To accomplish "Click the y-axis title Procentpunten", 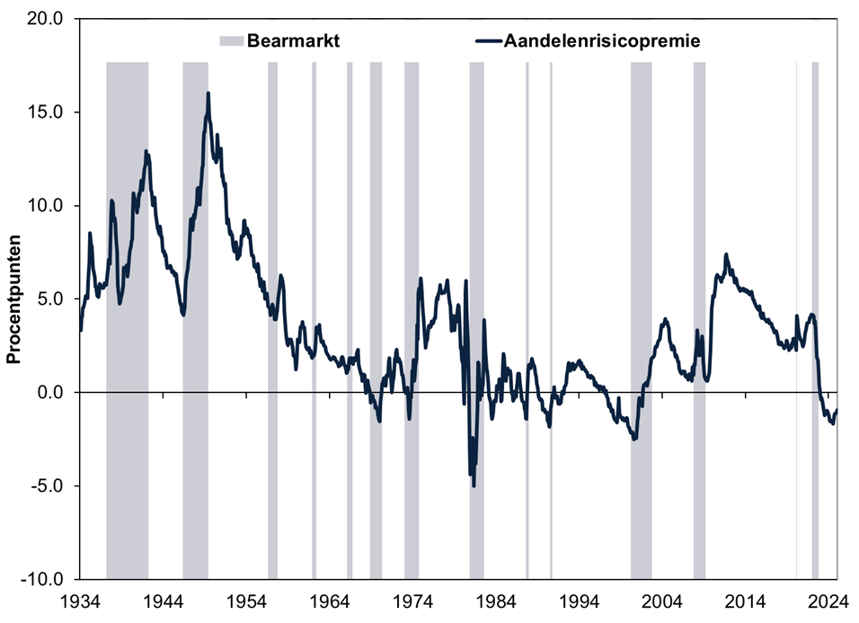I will [14, 298].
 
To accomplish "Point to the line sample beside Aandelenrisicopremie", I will [486, 40].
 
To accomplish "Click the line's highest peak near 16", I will [208, 93].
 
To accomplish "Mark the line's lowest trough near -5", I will [474, 485].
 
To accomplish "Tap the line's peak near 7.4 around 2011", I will [726, 254].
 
